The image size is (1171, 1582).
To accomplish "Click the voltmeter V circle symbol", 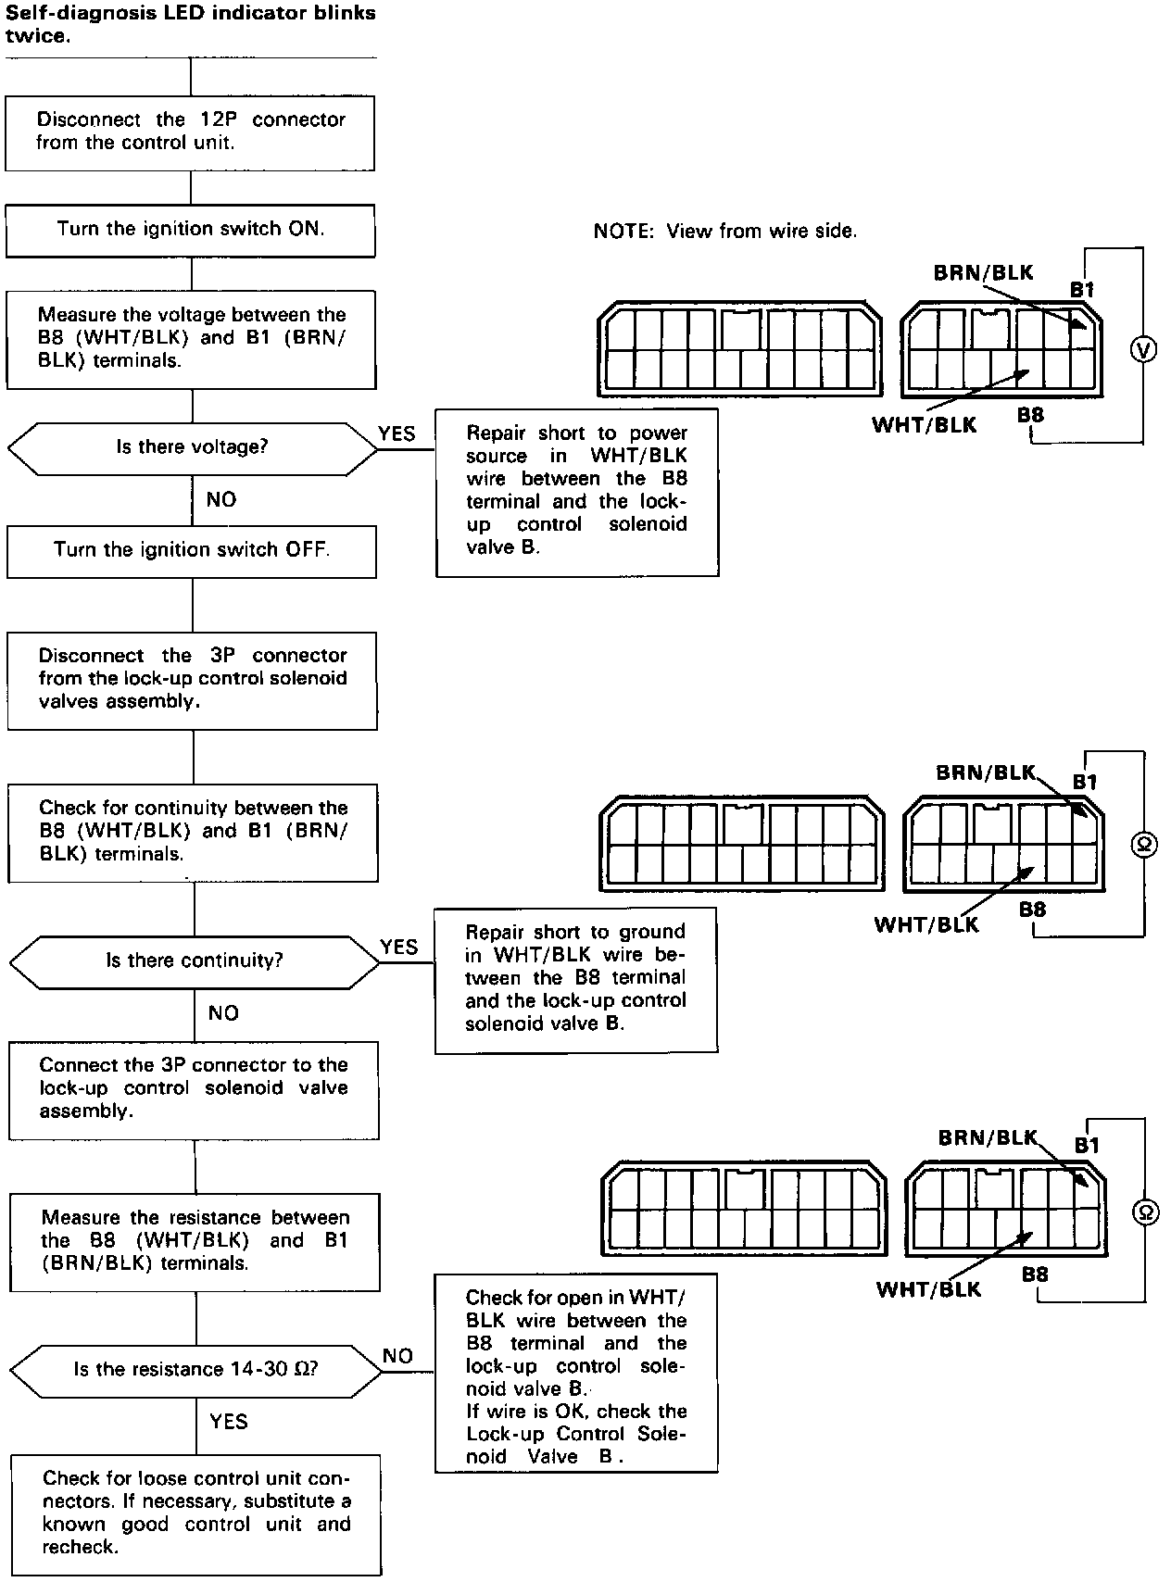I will click(1144, 349).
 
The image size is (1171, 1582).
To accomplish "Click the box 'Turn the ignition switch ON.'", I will click(191, 230).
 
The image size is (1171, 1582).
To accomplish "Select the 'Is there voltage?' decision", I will click(192, 447).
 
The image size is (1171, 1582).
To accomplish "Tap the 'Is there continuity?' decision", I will click(194, 960).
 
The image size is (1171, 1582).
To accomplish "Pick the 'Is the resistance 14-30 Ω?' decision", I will click(195, 1369).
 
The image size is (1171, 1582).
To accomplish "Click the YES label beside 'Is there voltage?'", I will click(397, 433).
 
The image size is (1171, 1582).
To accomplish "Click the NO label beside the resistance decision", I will click(397, 1356).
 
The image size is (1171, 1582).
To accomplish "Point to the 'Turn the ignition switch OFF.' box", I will click(192, 550).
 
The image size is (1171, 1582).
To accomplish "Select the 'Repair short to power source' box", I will click(576, 491).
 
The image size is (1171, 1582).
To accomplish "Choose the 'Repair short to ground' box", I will click(576, 978).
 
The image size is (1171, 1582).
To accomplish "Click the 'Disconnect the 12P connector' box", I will click(190, 132).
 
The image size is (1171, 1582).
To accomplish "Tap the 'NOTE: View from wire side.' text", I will click(725, 232).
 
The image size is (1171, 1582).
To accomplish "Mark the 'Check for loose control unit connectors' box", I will click(196, 1513).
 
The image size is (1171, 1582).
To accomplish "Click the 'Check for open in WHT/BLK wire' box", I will click(576, 1375).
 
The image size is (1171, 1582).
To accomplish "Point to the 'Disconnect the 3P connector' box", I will click(193, 679).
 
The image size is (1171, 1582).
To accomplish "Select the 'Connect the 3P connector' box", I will click(194, 1089).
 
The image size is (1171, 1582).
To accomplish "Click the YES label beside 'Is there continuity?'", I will click(399, 947).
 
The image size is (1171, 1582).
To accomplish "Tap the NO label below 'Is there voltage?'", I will click(221, 500).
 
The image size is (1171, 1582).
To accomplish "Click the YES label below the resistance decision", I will click(228, 1422).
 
